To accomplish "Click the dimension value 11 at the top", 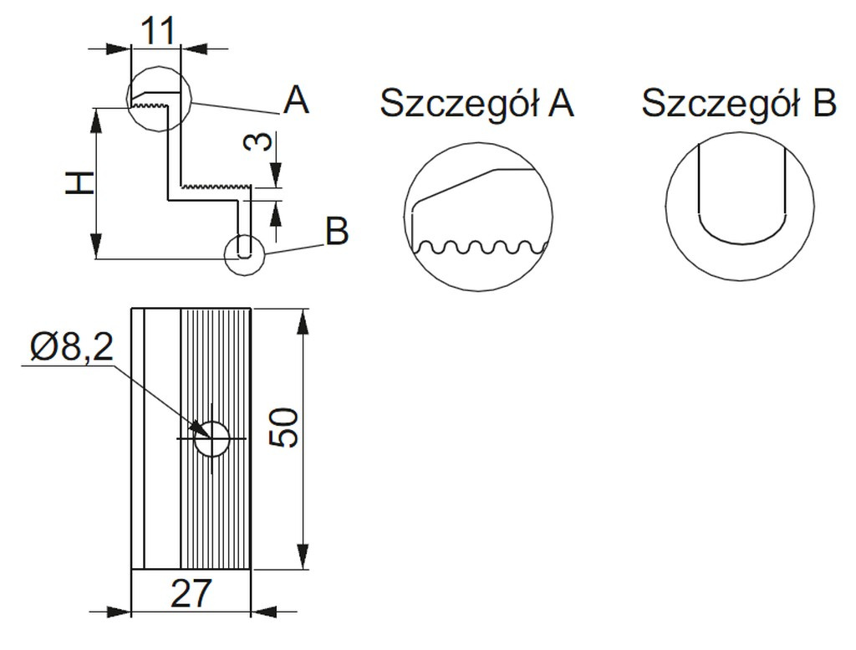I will pos(156,31).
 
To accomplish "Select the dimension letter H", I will pos(79,182).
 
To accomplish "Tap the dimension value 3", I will pos(260,141).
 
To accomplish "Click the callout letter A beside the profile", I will pos(296,102).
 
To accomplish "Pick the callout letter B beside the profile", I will pos(336,232).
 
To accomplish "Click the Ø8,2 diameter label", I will pos(72,347).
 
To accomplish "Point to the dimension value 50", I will pos(285,428).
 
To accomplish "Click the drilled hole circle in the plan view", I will pos(212,438).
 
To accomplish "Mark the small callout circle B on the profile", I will pos(244,253).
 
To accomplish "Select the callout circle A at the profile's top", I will pos(159,98).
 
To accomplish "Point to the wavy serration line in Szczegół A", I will pos(481,248).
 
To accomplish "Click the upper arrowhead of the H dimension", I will pos(98,118).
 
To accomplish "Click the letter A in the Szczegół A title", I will pos(562,104).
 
